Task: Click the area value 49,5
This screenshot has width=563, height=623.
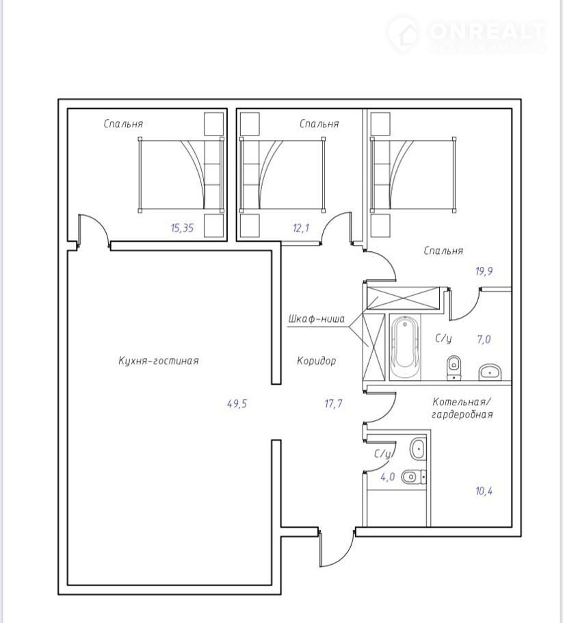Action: point(237,404)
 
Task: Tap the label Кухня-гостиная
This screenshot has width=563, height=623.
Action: point(159,361)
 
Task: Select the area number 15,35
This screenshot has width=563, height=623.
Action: point(182,228)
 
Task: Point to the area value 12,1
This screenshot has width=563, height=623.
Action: point(301,228)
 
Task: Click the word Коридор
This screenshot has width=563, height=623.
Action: point(317,361)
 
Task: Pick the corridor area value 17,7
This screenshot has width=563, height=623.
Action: point(333,404)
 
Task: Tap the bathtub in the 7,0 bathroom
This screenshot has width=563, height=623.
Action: point(404,346)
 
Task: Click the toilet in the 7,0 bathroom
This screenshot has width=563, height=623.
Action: point(454,367)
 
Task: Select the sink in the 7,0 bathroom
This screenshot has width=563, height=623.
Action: point(490,372)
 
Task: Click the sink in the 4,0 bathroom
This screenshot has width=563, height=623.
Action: point(418,449)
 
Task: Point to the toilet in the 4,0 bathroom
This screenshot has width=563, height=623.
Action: point(413,476)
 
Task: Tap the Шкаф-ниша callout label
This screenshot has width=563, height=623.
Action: point(317,318)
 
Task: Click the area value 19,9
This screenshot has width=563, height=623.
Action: point(484,271)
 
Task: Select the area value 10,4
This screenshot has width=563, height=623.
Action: point(484,491)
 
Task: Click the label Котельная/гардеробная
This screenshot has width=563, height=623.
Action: point(462,407)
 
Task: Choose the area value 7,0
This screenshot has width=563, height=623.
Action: point(484,340)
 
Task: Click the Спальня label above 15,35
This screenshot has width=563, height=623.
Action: point(123,123)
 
